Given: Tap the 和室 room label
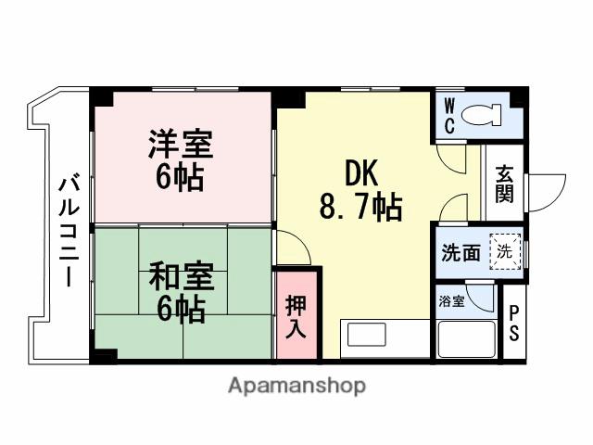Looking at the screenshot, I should pos(181,276).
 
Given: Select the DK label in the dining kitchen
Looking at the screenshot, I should pos(361,172).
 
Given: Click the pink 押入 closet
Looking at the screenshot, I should pos(296,316).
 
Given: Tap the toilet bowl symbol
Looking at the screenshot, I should pos(480,117).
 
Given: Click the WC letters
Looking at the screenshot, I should pos(448,117).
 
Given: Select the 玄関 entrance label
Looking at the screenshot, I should pos(504,185).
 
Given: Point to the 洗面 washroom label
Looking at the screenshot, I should pos(460,252).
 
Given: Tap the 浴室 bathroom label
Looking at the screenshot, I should pos(452,300).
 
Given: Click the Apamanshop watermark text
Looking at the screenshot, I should pos(296,385).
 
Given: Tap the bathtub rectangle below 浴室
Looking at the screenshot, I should pos(466,339).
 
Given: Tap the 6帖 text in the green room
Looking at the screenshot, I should pos(181,309).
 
